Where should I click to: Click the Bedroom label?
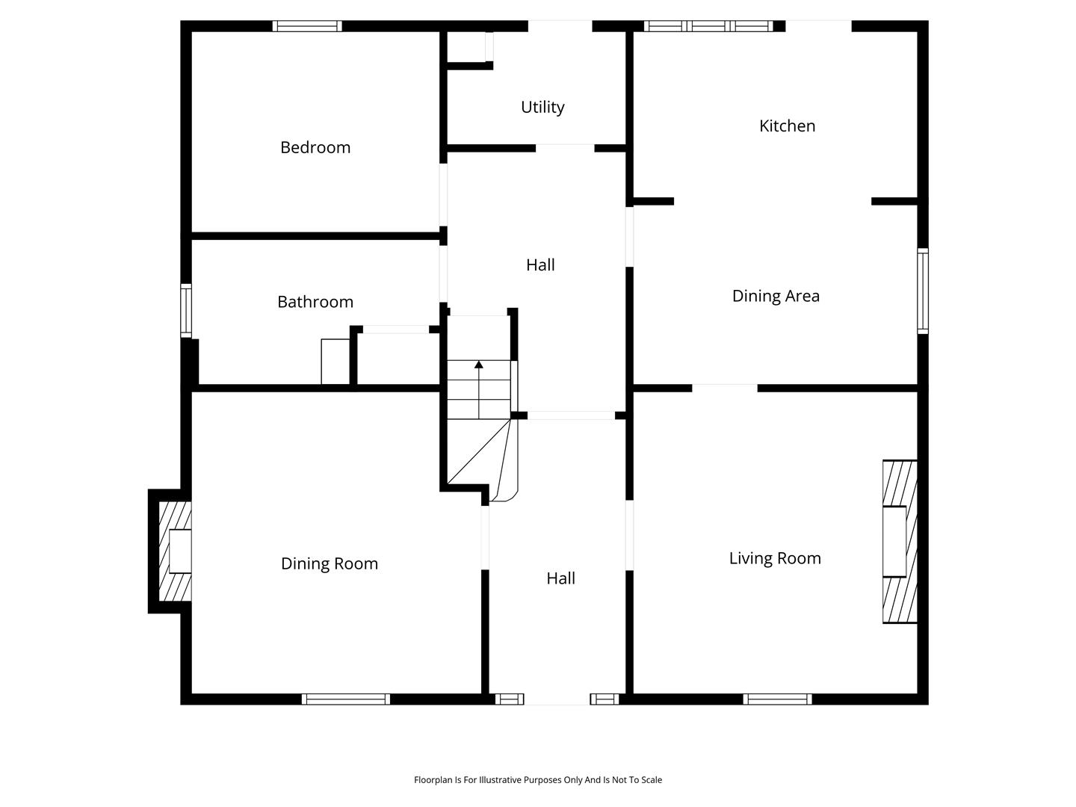click(315, 147)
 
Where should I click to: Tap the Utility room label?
click(542, 108)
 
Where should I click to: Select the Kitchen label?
click(787, 126)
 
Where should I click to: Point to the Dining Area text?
click(776, 296)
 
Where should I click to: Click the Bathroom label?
click(315, 302)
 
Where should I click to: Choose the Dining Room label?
click(330, 563)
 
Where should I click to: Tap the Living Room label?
click(775, 558)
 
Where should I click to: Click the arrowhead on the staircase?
click(478, 365)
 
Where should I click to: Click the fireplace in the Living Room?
click(900, 542)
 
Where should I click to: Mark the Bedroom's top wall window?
click(307, 26)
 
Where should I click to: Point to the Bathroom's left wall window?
click(186, 311)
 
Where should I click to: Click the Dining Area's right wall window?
click(923, 291)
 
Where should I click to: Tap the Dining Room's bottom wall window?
click(346, 699)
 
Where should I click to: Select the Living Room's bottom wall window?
click(777, 699)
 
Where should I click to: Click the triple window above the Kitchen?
click(708, 26)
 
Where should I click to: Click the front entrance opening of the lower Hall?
click(557, 699)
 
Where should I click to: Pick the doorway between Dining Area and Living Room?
click(725, 388)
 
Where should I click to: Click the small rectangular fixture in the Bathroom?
click(336, 362)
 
